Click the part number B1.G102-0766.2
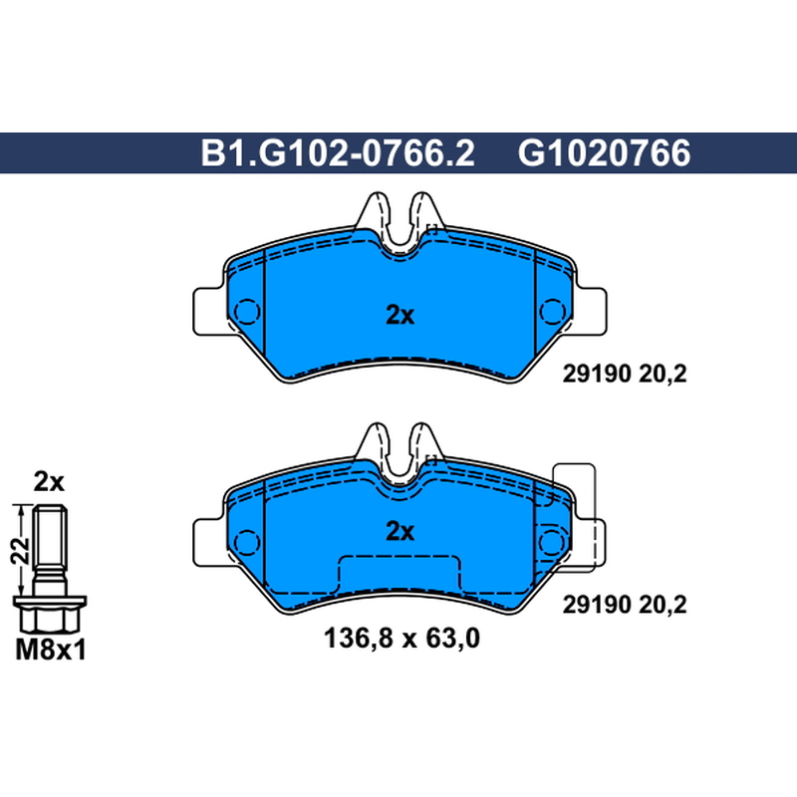(x=338, y=153)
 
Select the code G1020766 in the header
(x=605, y=153)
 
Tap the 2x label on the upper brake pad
(x=400, y=315)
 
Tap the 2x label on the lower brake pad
(x=400, y=532)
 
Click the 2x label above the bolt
(x=49, y=482)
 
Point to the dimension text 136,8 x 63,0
(x=401, y=638)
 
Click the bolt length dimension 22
(x=20, y=551)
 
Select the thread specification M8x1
(x=51, y=650)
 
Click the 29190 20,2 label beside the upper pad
(x=625, y=375)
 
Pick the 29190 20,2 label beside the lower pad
(x=625, y=605)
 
